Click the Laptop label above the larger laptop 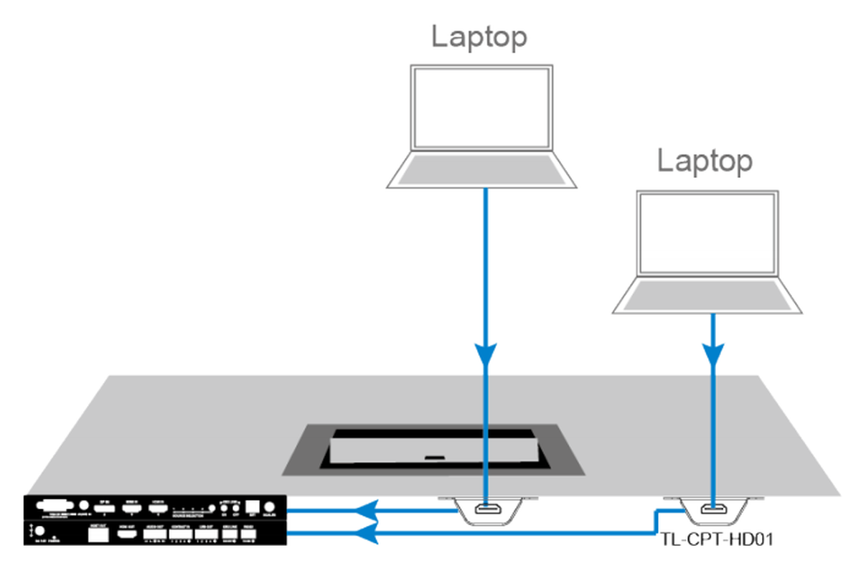479,37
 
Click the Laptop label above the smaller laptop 705,161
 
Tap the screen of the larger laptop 481,108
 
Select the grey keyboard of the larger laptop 481,170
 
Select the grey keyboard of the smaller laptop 707,295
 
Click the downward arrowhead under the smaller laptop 712,354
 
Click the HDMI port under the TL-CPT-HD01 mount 713,511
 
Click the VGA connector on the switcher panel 55,505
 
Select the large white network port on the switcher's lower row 98,534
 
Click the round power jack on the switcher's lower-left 41,533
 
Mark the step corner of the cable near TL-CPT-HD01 657,511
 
